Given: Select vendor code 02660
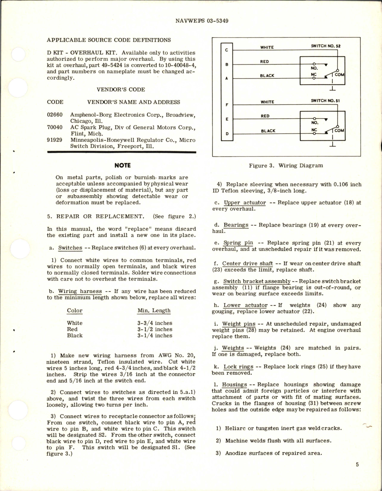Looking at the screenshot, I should pos(55,115).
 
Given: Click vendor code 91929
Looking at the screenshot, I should pos(55,140).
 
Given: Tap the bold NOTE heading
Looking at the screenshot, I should pos(123,165).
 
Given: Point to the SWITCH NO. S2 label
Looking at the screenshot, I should pos(326,46).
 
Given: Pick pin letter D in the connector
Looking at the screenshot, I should pos(227,133).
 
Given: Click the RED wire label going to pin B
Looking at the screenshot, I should pos(265,62).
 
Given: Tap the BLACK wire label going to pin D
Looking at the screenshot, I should pos(268,131).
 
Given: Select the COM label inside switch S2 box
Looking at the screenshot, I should pos(339,75).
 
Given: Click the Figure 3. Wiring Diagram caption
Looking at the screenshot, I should pos(286,165).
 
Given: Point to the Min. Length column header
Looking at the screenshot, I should pos(154,311).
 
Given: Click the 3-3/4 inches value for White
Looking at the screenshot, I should pos(155,323).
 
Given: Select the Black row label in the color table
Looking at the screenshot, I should pos(75,335).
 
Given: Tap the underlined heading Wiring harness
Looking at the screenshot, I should pos(80,291).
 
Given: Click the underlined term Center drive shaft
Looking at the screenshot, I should pos(247,264).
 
